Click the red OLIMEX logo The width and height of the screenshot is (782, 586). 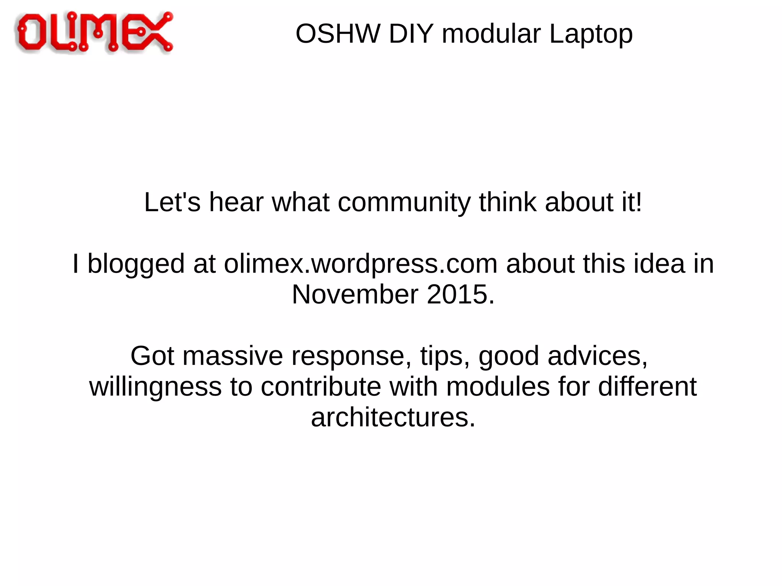[x=94, y=32]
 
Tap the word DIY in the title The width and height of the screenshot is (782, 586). [x=411, y=34]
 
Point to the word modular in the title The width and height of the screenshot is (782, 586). [x=491, y=34]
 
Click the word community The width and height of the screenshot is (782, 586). [x=404, y=202]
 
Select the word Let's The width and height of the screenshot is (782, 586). [x=172, y=202]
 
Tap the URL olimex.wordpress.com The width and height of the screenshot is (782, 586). [x=360, y=264]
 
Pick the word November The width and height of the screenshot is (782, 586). [x=355, y=295]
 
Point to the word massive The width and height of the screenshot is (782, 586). [x=233, y=356]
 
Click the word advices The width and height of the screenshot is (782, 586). [x=598, y=356]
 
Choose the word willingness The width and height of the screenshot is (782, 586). [x=155, y=387]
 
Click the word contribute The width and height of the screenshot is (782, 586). [x=321, y=387]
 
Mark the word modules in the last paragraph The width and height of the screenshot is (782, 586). [x=498, y=387]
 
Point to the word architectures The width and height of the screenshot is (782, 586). [x=393, y=418]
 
